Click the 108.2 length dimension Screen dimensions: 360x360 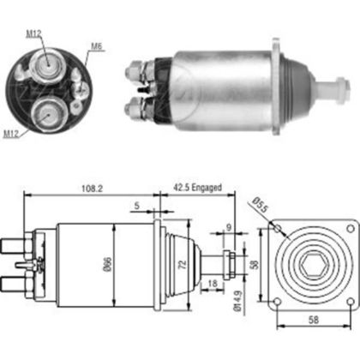click(92, 189)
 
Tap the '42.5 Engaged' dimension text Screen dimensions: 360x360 click(197, 188)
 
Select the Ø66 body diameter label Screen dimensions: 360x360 click(107, 264)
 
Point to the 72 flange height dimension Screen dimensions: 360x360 click(183, 264)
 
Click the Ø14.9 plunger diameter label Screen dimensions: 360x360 click(237, 301)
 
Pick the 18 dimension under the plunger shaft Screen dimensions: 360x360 click(213, 284)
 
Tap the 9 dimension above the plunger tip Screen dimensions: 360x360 click(229, 227)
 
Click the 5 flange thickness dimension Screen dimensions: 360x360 click(137, 206)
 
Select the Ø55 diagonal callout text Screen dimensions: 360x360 click(260, 205)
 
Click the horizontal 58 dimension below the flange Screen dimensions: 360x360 click(314, 320)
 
